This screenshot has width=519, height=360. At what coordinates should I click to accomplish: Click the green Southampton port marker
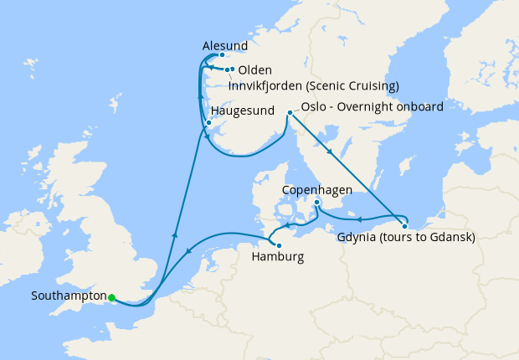(111, 296)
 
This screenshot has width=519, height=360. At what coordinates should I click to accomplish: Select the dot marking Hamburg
(279, 245)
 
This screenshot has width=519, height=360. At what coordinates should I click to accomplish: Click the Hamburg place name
(278, 257)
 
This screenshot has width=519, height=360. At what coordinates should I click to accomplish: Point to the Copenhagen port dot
(317, 203)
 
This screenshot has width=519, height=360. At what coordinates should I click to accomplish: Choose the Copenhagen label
(317, 190)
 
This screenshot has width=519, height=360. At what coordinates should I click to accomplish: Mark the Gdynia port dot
(404, 226)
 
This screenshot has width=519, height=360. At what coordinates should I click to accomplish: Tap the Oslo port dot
(290, 112)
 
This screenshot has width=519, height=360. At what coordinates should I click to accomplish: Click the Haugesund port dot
(208, 124)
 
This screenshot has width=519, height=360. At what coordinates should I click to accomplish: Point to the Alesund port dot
(222, 55)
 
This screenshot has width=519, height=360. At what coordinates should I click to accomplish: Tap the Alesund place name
(225, 44)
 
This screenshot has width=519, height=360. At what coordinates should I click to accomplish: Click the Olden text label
(254, 70)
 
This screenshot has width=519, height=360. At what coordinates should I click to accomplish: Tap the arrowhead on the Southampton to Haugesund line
(175, 237)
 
